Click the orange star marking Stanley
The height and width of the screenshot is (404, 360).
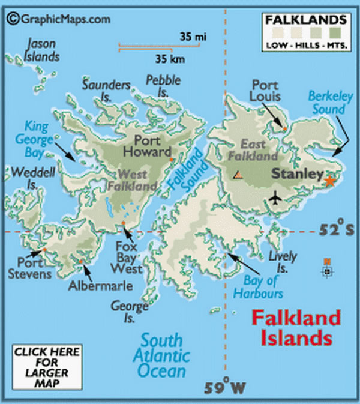(329, 180)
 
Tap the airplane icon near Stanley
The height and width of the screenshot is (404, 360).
(275, 196)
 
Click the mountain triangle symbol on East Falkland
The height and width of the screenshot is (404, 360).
(238, 175)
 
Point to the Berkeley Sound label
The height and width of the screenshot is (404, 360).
(327, 102)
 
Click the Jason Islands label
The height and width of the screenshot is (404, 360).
(42, 50)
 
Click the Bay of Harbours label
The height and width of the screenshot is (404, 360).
(263, 287)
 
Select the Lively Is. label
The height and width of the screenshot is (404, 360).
(283, 263)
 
